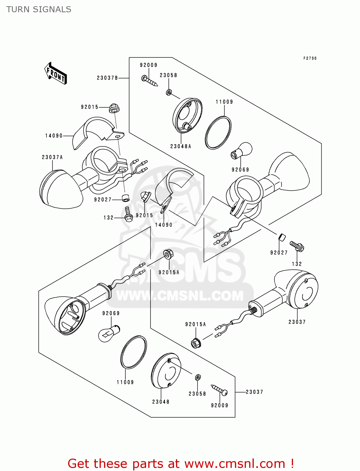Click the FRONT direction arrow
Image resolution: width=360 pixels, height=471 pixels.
pos(56,73)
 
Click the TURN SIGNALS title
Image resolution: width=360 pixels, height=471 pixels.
pos(39,9)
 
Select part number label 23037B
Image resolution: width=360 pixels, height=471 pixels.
pos(107,78)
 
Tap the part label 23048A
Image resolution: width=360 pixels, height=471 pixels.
pos(181,146)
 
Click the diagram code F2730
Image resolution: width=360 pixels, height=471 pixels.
pos(310,58)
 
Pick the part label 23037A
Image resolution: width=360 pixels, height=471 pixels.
pos(52,157)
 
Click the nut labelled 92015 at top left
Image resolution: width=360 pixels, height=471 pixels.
pos(114,109)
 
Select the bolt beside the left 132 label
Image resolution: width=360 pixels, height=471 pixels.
pos(128,214)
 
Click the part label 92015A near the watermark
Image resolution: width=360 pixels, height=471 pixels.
pos(169,273)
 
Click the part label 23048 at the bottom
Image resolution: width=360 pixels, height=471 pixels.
pos(161,402)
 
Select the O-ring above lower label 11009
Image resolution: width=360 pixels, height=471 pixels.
pos(134,352)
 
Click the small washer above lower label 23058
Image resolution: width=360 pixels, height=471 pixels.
pos(198,377)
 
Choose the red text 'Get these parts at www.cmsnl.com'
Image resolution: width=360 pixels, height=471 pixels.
pos(181,463)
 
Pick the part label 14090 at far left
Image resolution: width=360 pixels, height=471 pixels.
pos(54,136)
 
